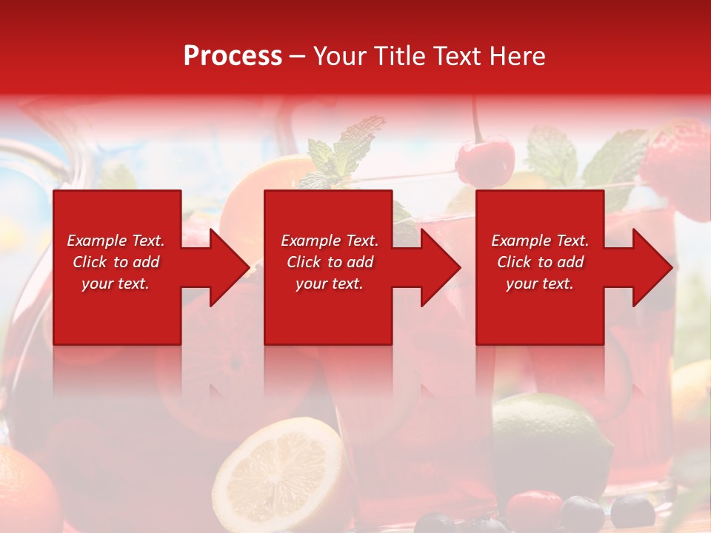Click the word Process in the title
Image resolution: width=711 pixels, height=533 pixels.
[x=233, y=56]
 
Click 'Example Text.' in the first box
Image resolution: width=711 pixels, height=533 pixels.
[x=116, y=241]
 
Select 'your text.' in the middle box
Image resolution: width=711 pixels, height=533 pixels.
[x=329, y=284]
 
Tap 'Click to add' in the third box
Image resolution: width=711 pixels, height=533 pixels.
[x=540, y=262]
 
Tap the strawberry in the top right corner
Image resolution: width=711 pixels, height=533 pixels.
[x=678, y=167]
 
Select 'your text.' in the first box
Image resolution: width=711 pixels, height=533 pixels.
[x=116, y=284]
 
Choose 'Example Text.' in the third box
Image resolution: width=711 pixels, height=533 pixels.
[x=540, y=241]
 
